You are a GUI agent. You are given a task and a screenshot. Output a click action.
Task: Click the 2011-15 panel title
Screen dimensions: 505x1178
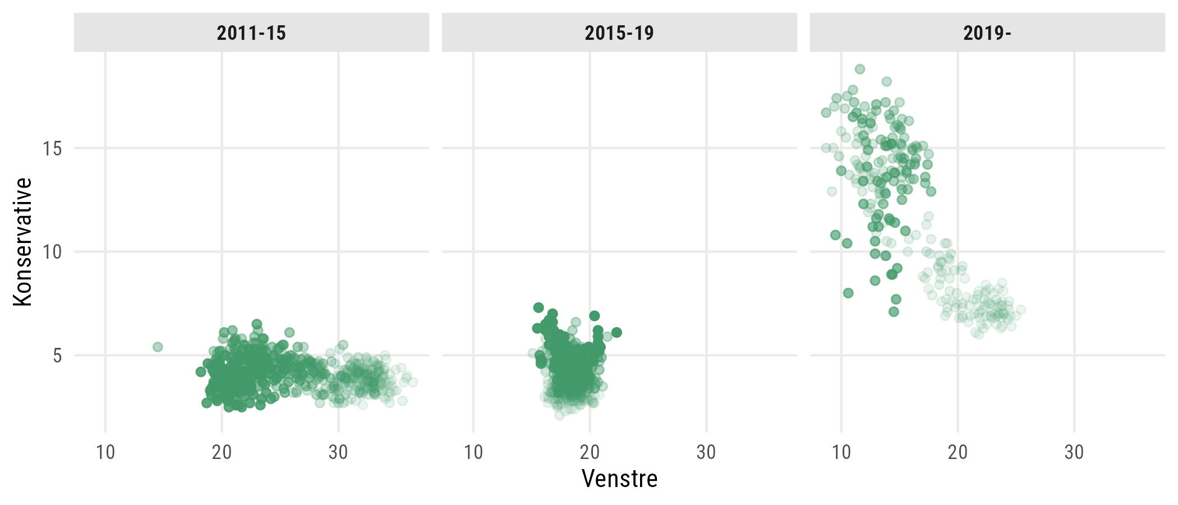[x=251, y=33]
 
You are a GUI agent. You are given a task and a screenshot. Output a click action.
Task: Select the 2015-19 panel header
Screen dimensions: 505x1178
[x=619, y=33]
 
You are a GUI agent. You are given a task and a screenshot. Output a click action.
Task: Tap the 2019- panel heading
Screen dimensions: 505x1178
[x=987, y=33]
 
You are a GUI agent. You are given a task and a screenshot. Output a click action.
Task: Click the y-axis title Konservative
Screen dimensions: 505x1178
[x=23, y=242]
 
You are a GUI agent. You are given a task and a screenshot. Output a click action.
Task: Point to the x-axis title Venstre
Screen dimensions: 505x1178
[x=619, y=479]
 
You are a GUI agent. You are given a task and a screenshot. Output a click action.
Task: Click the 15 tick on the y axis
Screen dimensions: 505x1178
[x=52, y=149]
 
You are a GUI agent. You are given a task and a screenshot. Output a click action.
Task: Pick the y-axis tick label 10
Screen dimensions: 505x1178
[x=52, y=252]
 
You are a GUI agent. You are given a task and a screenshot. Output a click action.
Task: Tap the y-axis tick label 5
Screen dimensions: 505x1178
[x=57, y=356]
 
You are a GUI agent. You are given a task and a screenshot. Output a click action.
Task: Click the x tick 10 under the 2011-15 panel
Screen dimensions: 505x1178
[x=105, y=452]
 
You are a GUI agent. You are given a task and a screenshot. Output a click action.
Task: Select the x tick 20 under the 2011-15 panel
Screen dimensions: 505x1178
[x=222, y=452]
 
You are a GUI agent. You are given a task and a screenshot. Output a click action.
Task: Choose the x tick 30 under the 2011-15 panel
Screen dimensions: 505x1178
[x=338, y=452]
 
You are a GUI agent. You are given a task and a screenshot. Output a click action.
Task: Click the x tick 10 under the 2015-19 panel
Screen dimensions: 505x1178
[x=473, y=452]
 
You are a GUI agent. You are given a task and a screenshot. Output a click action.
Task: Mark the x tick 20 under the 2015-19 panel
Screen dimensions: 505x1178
[x=590, y=452]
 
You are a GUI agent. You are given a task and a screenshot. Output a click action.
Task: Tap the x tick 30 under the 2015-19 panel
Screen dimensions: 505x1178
[x=706, y=452]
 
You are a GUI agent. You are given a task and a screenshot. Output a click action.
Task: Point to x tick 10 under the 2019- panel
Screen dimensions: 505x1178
[x=841, y=452]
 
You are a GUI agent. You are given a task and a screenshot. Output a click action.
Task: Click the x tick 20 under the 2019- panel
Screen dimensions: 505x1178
[x=958, y=452]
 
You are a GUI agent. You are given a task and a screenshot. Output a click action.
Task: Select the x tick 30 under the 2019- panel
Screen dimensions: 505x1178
[x=1074, y=452]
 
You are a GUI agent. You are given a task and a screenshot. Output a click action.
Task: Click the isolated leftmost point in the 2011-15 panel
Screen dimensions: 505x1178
[x=158, y=347]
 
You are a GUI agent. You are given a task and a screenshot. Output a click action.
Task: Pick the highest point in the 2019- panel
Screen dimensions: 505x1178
[x=859, y=69]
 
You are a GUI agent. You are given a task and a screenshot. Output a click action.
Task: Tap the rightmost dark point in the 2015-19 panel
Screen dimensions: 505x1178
[x=616, y=332]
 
